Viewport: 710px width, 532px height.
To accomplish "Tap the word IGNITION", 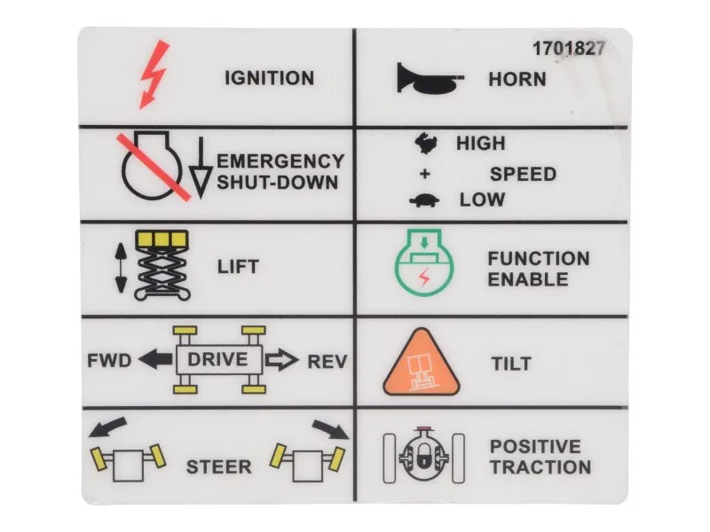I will tap(269, 78).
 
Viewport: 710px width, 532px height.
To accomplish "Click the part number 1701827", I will tap(568, 49).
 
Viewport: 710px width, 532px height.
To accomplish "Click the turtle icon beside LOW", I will tap(424, 200).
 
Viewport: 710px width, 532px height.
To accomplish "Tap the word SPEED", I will tap(523, 173).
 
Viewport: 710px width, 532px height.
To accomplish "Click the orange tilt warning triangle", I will tap(422, 364).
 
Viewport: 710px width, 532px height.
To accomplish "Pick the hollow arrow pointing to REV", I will tap(283, 360).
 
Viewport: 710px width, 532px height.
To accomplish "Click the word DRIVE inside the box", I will tap(218, 360).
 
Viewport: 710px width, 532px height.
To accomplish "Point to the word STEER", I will tap(218, 466).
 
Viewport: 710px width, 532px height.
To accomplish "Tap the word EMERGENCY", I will tap(280, 161).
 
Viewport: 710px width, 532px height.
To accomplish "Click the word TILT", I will tap(511, 364).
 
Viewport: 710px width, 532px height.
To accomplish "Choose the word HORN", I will tap(517, 79).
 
